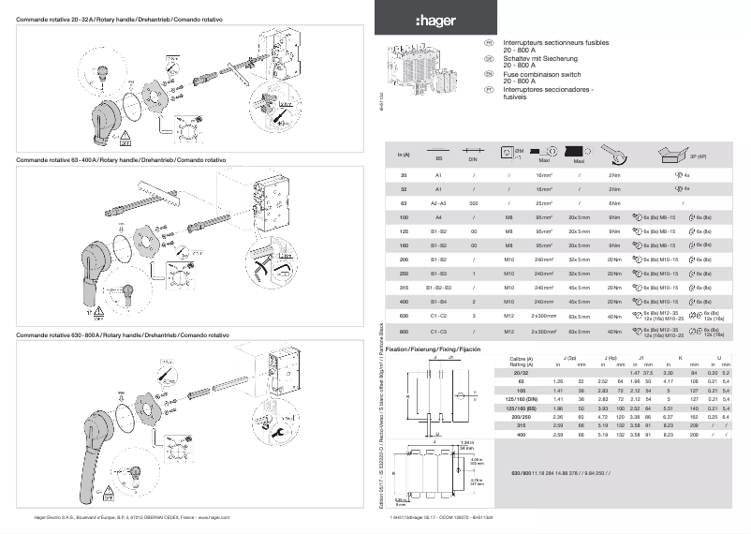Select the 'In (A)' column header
click(404, 155)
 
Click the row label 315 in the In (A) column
click(404, 288)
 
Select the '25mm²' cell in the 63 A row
click(545, 202)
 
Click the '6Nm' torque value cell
click(615, 202)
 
